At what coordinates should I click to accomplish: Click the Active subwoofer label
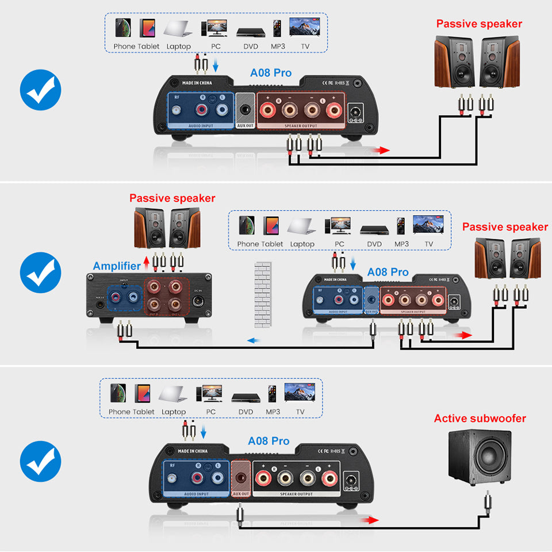(480, 418)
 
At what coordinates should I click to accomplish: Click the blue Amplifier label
(117, 266)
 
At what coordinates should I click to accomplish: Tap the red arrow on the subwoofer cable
(371, 520)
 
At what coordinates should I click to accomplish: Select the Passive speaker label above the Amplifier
(172, 198)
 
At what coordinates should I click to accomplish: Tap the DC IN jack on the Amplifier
(202, 299)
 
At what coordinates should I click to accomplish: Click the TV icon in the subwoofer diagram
(300, 394)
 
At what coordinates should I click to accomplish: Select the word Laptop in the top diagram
(178, 46)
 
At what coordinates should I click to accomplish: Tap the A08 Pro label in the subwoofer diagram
(269, 441)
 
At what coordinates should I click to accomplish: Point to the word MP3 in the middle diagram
(401, 244)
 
